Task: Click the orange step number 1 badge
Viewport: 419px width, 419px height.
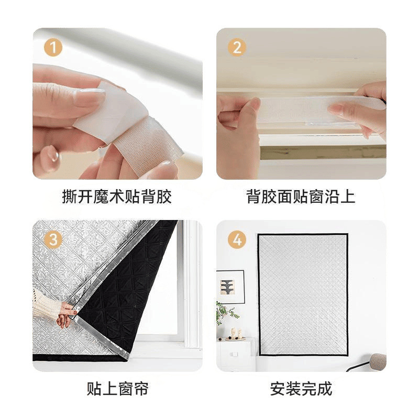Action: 52,48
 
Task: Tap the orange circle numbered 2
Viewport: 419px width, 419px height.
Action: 237,48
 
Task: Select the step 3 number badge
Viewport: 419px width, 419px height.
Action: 52,240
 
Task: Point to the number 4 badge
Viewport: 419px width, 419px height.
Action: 237,240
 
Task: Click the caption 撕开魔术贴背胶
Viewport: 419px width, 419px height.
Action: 116,197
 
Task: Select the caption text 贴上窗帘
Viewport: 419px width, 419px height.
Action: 117,389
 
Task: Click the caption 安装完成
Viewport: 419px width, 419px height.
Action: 301,389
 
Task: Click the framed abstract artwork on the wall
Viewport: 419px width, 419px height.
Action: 230,286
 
